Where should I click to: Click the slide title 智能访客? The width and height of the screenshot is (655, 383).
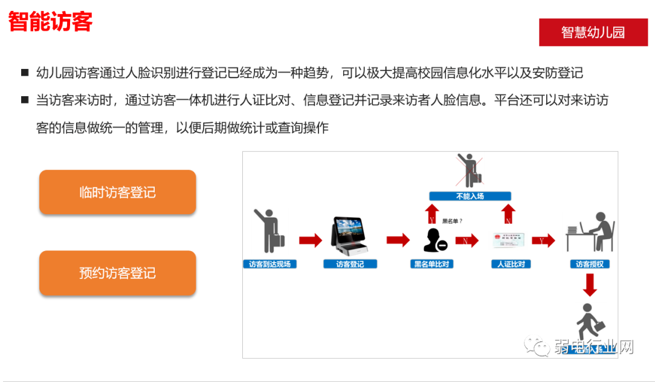click(x=50, y=22)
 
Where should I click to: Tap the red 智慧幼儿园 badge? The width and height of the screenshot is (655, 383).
click(x=593, y=33)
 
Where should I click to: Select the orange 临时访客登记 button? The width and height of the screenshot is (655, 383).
click(x=117, y=192)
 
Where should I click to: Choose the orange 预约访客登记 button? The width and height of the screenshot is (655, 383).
click(x=117, y=273)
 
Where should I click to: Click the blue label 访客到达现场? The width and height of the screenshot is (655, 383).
click(x=269, y=264)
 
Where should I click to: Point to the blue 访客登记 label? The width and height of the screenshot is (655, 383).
click(x=350, y=264)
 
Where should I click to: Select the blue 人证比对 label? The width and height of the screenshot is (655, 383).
click(x=511, y=264)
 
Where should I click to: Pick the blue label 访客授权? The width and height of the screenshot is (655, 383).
click(x=590, y=264)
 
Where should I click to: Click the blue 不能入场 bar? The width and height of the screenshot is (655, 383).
click(x=470, y=196)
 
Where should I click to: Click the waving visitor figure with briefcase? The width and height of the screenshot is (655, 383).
click(x=269, y=231)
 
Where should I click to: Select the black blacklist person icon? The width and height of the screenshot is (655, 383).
click(x=434, y=240)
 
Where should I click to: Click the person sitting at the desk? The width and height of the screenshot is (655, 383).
click(x=590, y=232)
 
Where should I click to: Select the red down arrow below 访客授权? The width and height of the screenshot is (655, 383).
click(x=590, y=284)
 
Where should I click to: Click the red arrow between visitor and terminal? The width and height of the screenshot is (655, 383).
click(x=310, y=240)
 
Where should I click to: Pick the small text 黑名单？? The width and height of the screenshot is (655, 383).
click(x=452, y=221)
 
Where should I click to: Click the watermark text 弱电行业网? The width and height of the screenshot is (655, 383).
click(x=593, y=348)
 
